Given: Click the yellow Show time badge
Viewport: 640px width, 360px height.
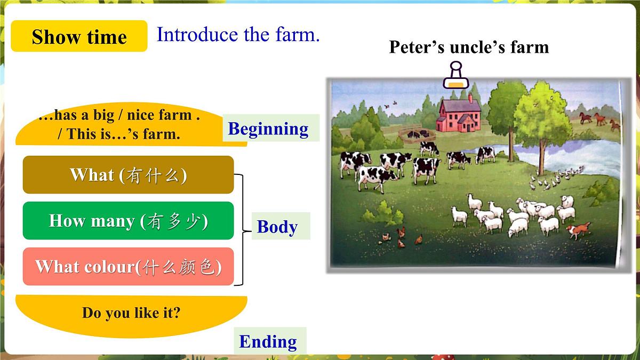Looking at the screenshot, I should pos(79,36).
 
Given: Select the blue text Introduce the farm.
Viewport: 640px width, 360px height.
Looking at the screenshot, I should pos(238,35).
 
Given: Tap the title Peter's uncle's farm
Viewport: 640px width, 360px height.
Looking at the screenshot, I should pos(469,47).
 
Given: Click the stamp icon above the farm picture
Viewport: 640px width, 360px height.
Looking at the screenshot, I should pos(454,75).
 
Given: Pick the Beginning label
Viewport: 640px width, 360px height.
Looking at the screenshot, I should pos(268,129).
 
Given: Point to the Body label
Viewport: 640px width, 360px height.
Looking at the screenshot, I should pos(277,227).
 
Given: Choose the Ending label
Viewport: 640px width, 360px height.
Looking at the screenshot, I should pos(268,341).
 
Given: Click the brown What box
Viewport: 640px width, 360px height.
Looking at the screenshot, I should pos(128,174).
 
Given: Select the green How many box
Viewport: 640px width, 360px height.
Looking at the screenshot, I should pos(128,220).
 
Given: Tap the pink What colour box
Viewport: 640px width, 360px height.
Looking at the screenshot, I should pos(128,266).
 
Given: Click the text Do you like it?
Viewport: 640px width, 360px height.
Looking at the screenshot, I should pos(131,313).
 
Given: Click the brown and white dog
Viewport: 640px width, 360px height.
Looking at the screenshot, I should pos(578,230).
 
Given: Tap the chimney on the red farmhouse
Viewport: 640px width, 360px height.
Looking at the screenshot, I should pos(470,98).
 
